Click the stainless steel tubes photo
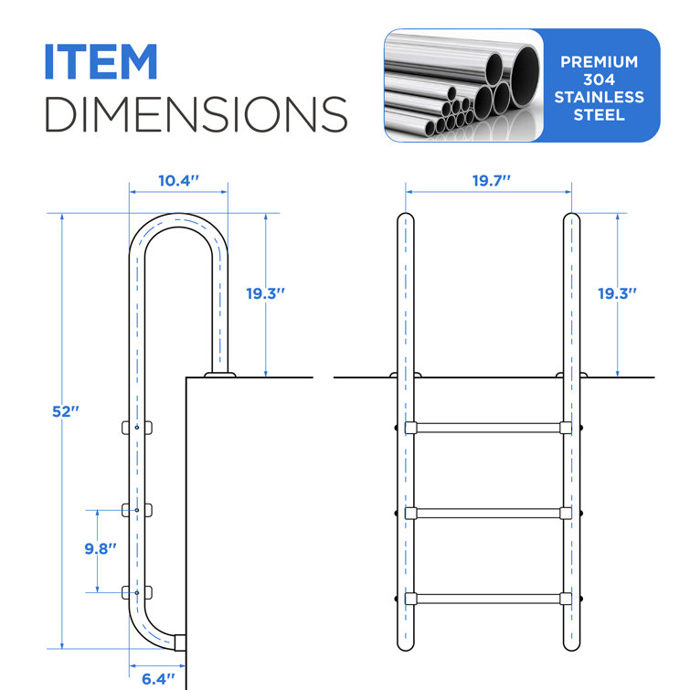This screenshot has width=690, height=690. (x=462, y=86)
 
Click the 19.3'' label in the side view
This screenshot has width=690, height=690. (x=266, y=293)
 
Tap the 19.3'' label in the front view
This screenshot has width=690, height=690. (x=617, y=293)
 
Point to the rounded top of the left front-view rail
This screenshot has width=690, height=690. (x=405, y=222)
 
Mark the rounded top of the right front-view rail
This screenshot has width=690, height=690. (x=572, y=222)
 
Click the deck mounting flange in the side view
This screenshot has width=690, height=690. (x=219, y=374)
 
